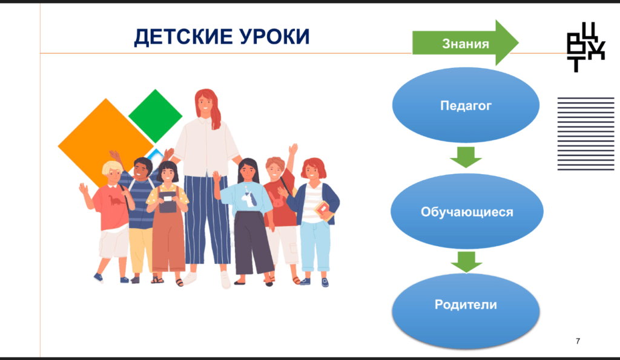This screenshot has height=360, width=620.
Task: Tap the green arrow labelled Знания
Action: pyautogui.click(x=466, y=43)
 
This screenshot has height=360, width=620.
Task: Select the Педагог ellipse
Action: pyautogui.click(x=466, y=105)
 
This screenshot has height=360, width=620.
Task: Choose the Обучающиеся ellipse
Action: pyautogui.click(x=467, y=212)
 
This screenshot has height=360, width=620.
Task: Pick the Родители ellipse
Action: pyautogui.click(x=466, y=312)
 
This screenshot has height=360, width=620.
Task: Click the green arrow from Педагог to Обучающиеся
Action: pyautogui.click(x=466, y=157)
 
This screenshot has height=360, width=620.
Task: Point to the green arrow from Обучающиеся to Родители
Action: pyautogui.click(x=466, y=262)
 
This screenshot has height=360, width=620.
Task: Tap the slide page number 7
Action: pyautogui.click(x=578, y=341)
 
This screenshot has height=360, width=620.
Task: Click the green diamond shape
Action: pyautogui.click(x=156, y=116)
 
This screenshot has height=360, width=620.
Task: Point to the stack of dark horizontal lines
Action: pyautogui.click(x=585, y=134)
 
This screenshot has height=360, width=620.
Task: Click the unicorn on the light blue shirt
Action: pyautogui.click(x=249, y=198)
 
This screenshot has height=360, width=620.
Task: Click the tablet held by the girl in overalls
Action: pyautogui.click(x=168, y=198)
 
